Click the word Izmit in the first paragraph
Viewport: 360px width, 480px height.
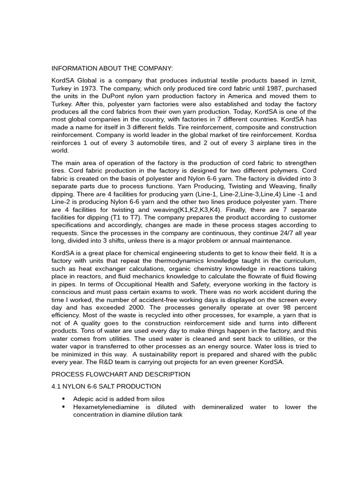307,81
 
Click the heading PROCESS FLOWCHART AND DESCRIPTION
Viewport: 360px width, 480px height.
120,374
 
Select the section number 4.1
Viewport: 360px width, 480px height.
56,386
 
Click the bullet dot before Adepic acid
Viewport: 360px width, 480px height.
63,399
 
